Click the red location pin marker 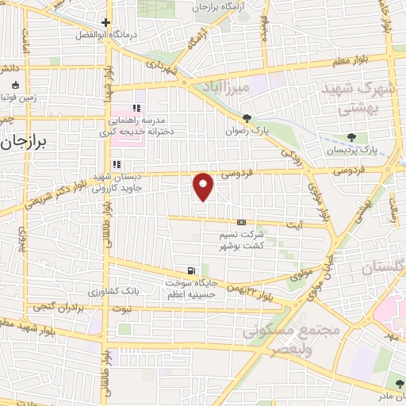pos(204,186)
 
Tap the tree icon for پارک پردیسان pos(351,136)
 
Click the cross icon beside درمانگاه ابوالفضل pos(106,22)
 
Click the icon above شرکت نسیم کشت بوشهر pos(241,223)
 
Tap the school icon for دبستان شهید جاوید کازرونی pos(117,164)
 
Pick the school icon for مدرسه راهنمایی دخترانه pos(136,108)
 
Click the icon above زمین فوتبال pos(14,86)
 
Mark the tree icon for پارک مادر pos(398,385)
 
